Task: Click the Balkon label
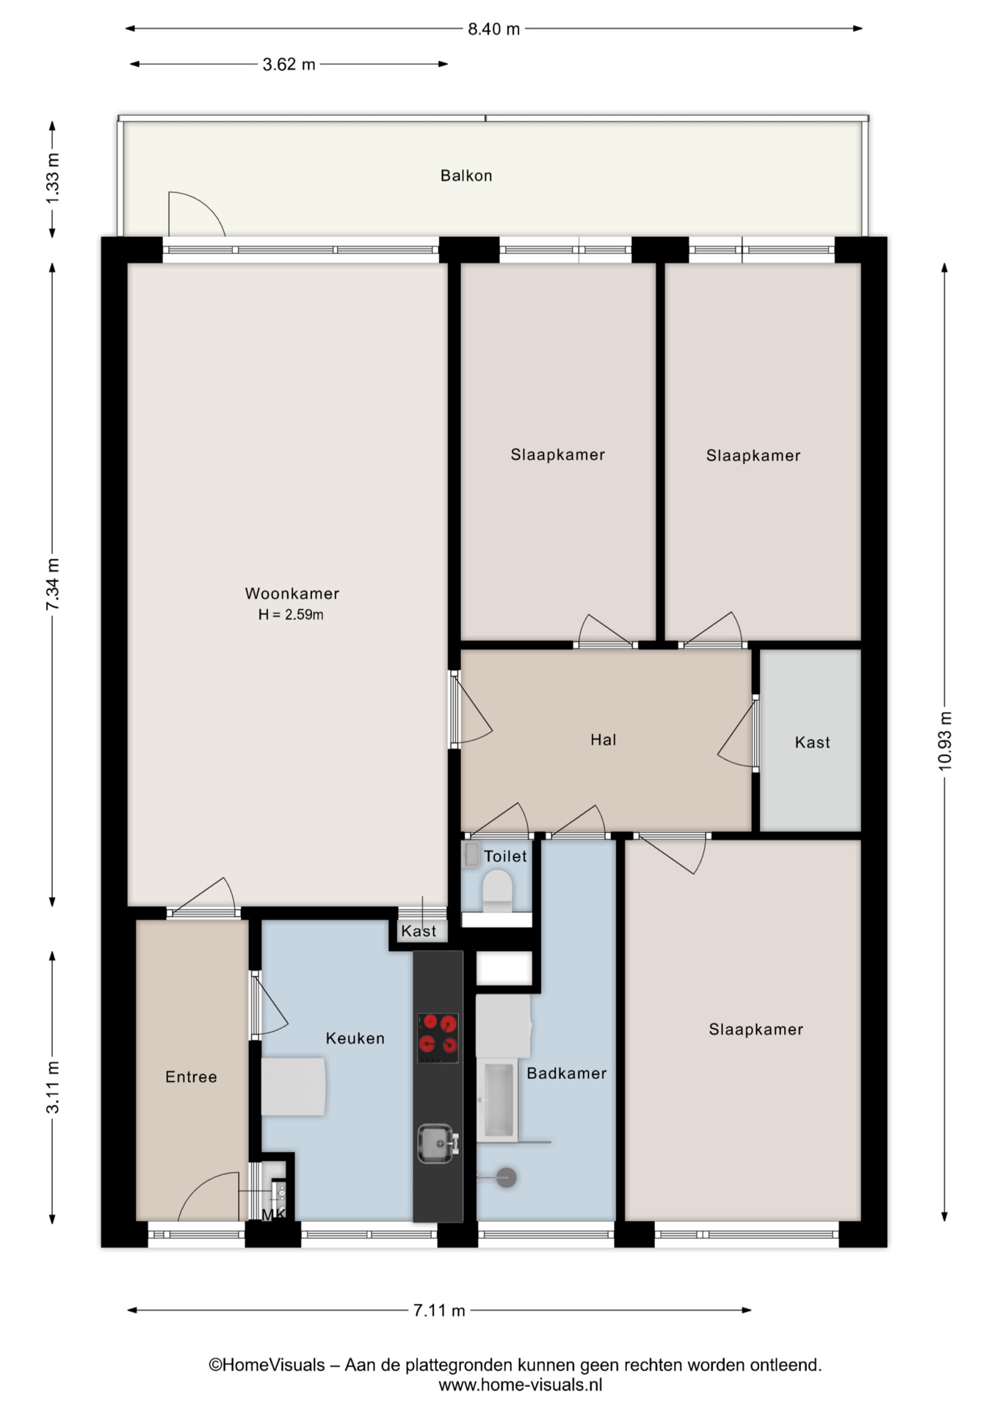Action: coord(466,175)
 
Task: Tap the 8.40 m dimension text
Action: coord(493,29)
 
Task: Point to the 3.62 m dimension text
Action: coord(289,65)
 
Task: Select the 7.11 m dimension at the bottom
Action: coord(439,1310)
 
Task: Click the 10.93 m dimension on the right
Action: coord(945,741)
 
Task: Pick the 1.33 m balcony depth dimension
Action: coord(52,179)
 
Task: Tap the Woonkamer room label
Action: coord(292,593)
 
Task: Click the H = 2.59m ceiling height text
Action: coord(291,615)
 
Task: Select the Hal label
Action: coord(603,740)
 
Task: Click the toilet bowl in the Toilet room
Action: coord(497,889)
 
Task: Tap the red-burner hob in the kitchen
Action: coord(438,1038)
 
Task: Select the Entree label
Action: coord(191,1077)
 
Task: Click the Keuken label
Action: coord(355,1038)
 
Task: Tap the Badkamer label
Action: coord(567,1073)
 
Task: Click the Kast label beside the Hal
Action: coord(812,742)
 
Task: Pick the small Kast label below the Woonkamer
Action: coord(418,931)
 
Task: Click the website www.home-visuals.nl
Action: coord(521,1385)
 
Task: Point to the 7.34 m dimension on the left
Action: coord(52,584)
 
